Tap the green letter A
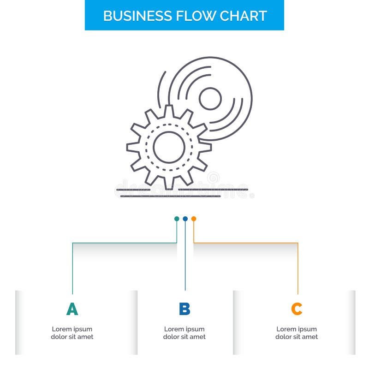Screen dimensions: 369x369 coord(72,309)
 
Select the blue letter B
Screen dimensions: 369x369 coord(184,309)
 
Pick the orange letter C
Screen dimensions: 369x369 coord(297,309)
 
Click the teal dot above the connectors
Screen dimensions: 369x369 coord(177,219)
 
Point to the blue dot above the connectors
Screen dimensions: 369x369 coord(185,219)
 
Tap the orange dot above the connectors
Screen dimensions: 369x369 coord(194,219)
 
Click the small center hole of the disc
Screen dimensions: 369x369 coord(210,99)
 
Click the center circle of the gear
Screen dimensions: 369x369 coord(169,147)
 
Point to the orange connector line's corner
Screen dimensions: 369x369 coord(298,243)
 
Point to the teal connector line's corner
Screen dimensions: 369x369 coord(72,243)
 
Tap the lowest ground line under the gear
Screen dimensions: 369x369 coord(171,196)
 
